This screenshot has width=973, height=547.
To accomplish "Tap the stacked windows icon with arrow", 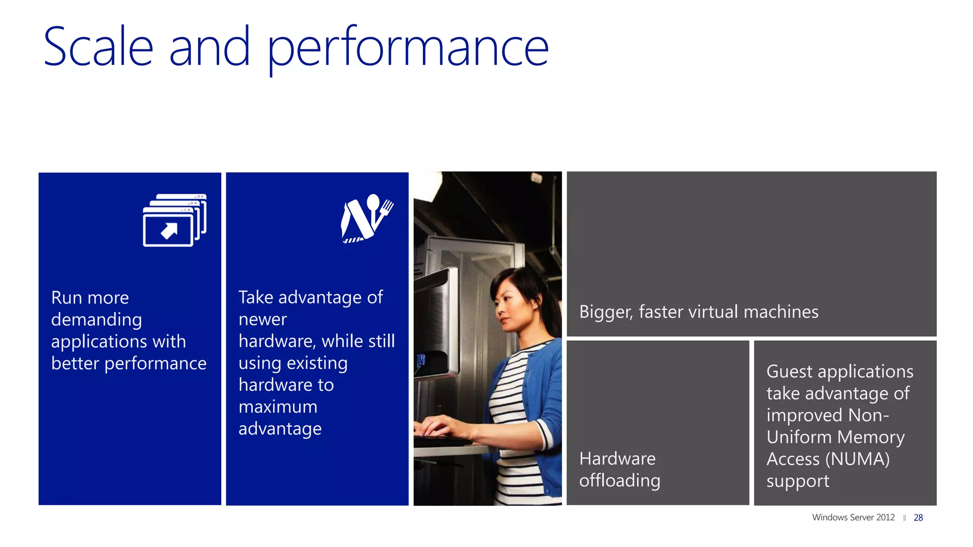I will point(174,220).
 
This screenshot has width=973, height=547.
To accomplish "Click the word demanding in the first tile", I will point(96,320).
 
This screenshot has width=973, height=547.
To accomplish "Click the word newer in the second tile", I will point(262,320).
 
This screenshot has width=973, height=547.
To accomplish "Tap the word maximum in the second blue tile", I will point(277,407).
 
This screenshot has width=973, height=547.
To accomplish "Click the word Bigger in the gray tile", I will point(606,312).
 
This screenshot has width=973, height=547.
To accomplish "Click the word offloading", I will point(620,481).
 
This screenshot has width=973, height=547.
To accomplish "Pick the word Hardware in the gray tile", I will point(617,459).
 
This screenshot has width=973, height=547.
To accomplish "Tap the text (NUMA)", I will point(857,459).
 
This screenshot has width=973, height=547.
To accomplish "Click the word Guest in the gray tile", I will point(789,371).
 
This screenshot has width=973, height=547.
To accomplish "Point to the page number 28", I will point(918,518).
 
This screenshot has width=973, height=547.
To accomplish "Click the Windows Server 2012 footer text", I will point(853,518).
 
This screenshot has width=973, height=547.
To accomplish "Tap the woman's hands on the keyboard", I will point(439,427).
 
